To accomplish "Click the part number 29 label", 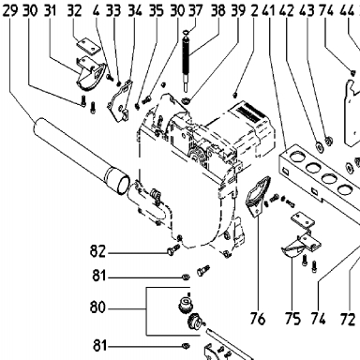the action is click(x=10, y=10).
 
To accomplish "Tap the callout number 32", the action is click(x=74, y=10).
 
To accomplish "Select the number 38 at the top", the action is click(x=217, y=10).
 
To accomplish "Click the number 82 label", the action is click(x=97, y=251).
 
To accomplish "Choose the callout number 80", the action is click(x=97, y=307).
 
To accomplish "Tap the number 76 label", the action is click(x=258, y=319).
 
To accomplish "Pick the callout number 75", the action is click(x=292, y=319).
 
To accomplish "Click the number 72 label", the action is click(x=348, y=319).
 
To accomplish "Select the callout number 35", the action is click(x=156, y=10).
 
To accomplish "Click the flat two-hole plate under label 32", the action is click(x=89, y=46).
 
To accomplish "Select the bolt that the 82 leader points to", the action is click(x=173, y=249).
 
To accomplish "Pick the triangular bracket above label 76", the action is click(x=258, y=196).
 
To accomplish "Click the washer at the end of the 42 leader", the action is click(x=319, y=145).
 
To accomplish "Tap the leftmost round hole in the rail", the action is click(x=297, y=156).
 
